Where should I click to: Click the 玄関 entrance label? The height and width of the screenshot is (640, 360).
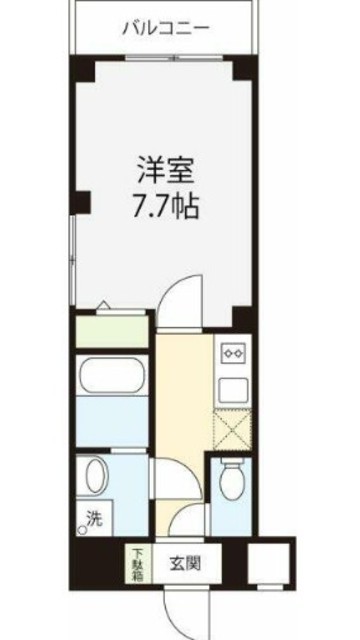[x=196, y=562]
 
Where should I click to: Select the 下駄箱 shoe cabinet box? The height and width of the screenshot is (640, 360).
[x=134, y=562]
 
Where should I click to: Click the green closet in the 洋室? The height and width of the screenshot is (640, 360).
[x=111, y=329]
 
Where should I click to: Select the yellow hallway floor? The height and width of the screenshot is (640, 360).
[x=182, y=420]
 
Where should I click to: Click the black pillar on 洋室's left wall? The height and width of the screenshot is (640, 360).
[x=82, y=203]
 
